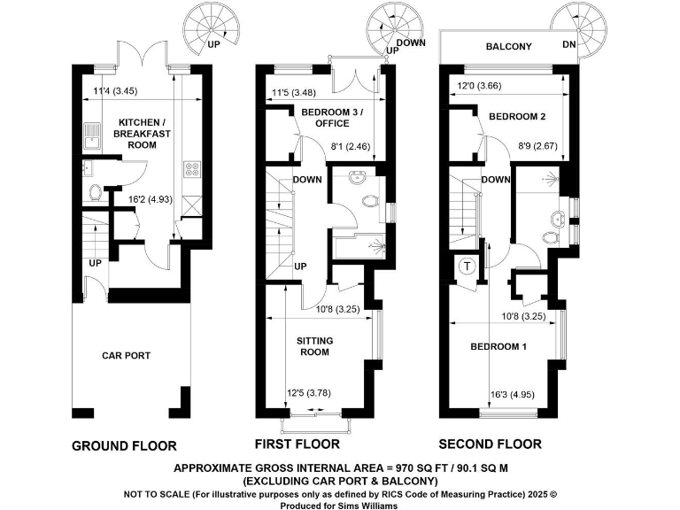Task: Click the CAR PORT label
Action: coord(126,356)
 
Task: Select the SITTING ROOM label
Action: coord(313,345)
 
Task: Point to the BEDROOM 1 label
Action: coord(498,346)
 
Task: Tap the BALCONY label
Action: coord(508,46)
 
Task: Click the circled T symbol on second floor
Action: coord(467,265)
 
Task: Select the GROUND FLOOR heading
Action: coord(123,445)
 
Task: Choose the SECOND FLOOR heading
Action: coord(491,444)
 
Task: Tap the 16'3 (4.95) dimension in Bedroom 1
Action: coord(512,395)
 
